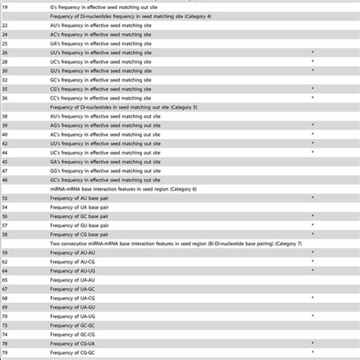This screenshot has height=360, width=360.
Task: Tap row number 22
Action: tap(5, 25)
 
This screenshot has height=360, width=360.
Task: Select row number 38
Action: tap(5, 116)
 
